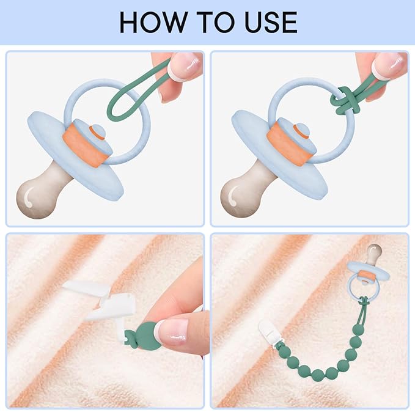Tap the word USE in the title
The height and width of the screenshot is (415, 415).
pos(271,22)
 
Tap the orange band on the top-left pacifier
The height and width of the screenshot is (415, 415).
pos(85,146)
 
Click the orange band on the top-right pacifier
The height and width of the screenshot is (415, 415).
pos(289,144)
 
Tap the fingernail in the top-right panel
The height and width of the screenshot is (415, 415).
pos(390,65)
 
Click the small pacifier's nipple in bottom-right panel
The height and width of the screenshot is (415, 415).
pos(374,254)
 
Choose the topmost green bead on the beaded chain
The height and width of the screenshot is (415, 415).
pos(358,330)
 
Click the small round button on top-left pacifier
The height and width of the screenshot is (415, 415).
pos(97,131)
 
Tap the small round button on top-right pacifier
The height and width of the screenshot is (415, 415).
pos(302,130)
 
